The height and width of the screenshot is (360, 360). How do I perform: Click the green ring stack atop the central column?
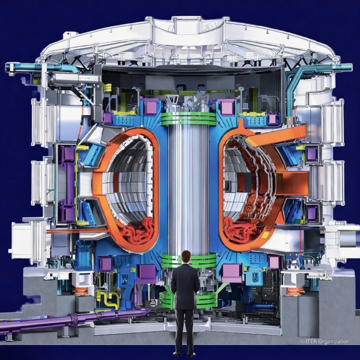click(189, 119)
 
